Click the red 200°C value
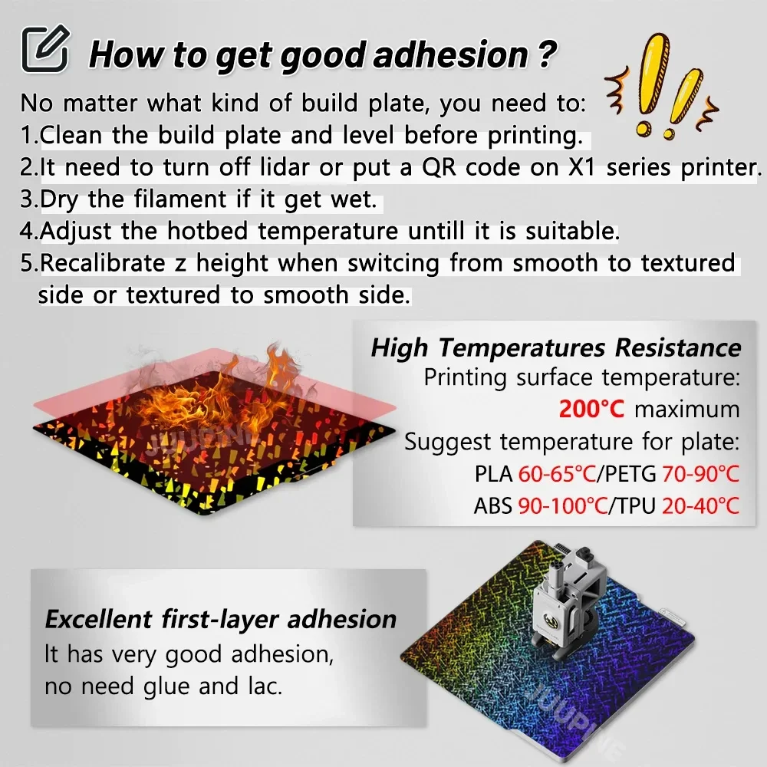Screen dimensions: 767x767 click(591, 409)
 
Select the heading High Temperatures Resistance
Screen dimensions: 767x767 click(556, 347)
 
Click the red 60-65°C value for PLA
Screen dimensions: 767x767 click(557, 474)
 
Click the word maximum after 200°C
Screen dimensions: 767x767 click(686, 409)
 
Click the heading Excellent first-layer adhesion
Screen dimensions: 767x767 click(221, 619)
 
